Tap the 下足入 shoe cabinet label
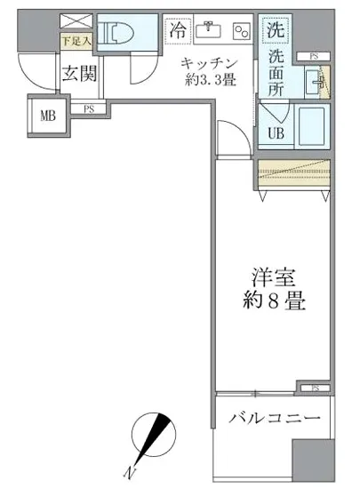point(76,41)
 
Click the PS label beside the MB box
point(89,109)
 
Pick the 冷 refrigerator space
point(178,29)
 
